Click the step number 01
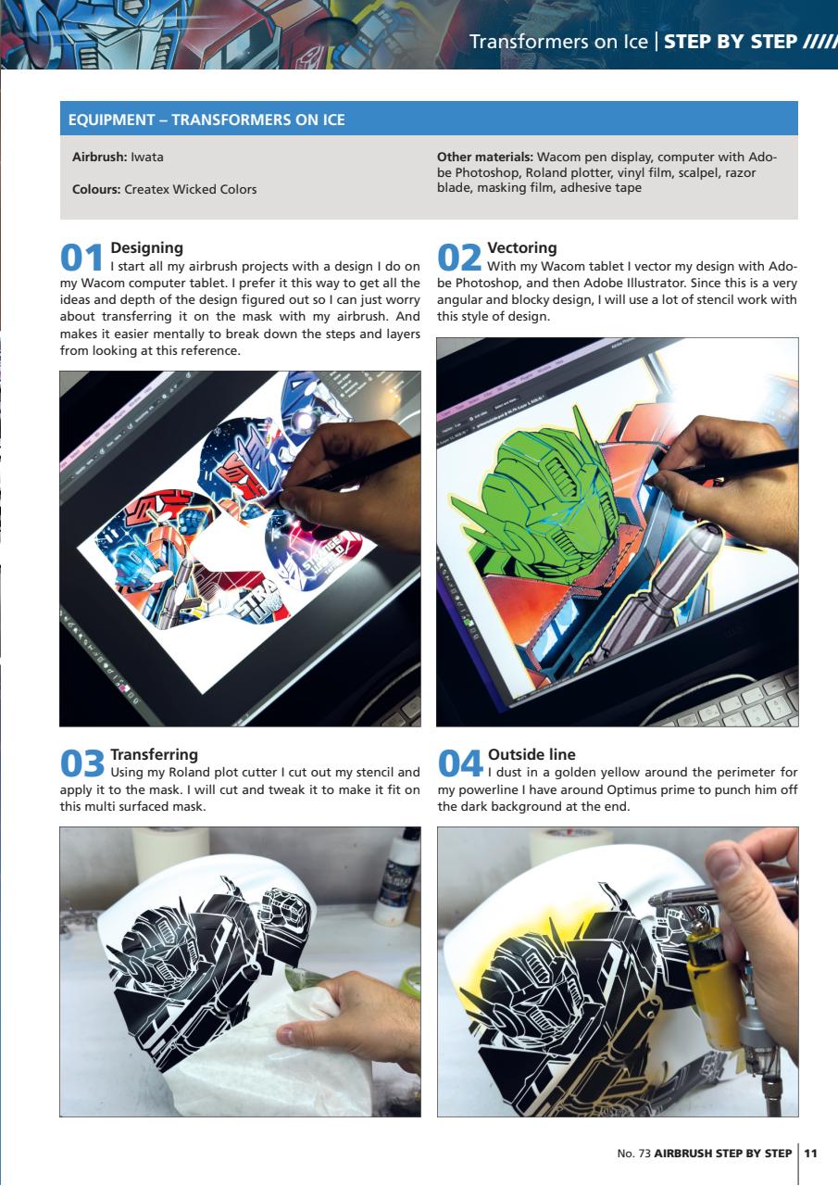(82, 256)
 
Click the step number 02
(460, 256)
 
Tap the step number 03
(82, 763)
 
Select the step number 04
(460, 763)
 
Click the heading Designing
(146, 247)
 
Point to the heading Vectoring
(521, 247)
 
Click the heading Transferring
(154, 755)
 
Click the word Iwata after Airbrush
(147, 158)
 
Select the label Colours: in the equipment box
(96, 189)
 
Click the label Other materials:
(485, 157)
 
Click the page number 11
(811, 1154)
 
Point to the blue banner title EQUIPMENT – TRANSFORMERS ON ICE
(207, 120)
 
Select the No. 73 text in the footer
(633, 1154)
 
